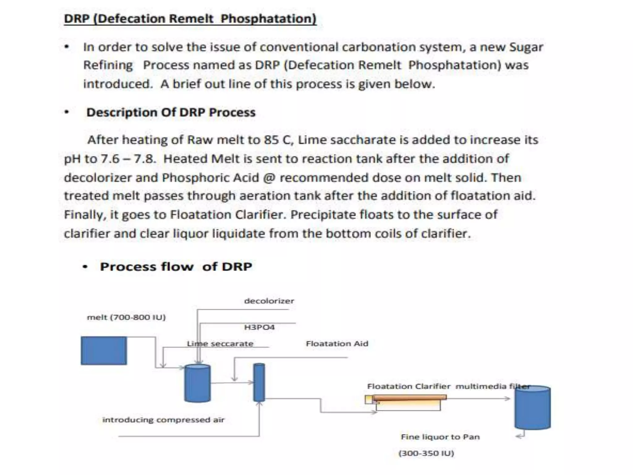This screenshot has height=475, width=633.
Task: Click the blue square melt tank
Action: (104, 350)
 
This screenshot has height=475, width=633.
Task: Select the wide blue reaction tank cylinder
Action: (197, 383)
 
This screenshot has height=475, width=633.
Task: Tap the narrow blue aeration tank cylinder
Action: (259, 383)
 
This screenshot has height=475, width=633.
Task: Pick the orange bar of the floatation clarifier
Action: (410, 397)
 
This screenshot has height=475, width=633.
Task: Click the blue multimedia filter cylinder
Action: (532, 408)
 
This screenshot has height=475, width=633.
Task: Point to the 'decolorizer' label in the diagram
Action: (269, 301)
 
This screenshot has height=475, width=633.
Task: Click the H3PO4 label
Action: (259, 327)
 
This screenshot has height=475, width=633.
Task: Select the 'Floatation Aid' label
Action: (337, 344)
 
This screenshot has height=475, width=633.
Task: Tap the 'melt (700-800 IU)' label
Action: (126, 317)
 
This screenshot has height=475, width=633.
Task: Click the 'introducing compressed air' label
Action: (163, 420)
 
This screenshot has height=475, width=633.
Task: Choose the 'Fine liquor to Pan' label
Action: (440, 437)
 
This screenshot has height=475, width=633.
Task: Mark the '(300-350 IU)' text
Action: (426, 453)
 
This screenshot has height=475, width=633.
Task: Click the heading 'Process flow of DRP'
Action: (176, 267)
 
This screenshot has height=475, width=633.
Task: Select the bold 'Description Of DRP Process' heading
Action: (171, 112)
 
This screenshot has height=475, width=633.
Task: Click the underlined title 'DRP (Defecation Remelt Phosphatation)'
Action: (190, 19)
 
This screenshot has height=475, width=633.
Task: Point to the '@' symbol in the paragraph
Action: (269, 178)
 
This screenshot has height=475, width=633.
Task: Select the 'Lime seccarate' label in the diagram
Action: (220, 344)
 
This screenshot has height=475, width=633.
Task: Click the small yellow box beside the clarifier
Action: (368, 400)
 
